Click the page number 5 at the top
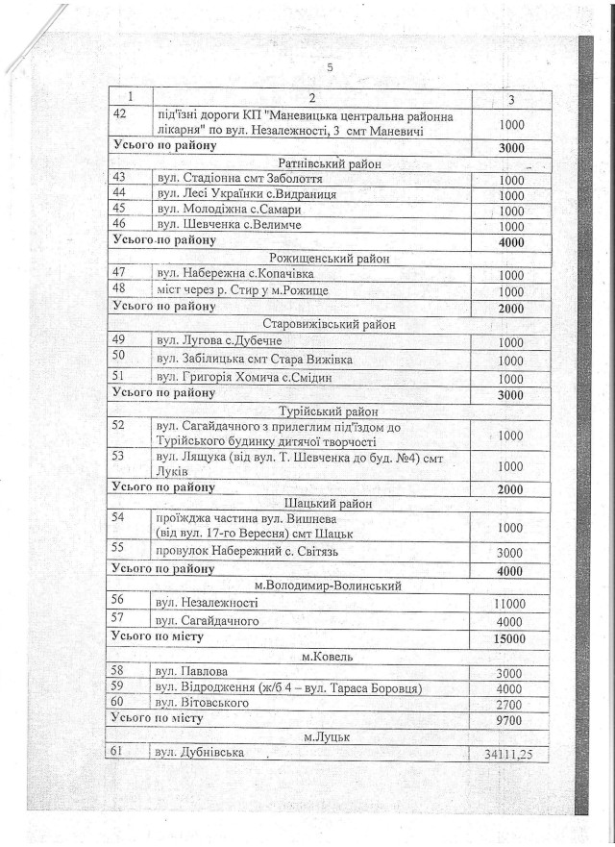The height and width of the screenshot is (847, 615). coord(330,66)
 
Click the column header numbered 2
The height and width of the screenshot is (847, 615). coord(313,98)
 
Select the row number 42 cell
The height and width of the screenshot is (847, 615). coord(119,115)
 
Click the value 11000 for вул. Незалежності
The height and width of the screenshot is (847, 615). coord(509,603)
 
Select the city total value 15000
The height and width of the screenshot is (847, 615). coord(510,638)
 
